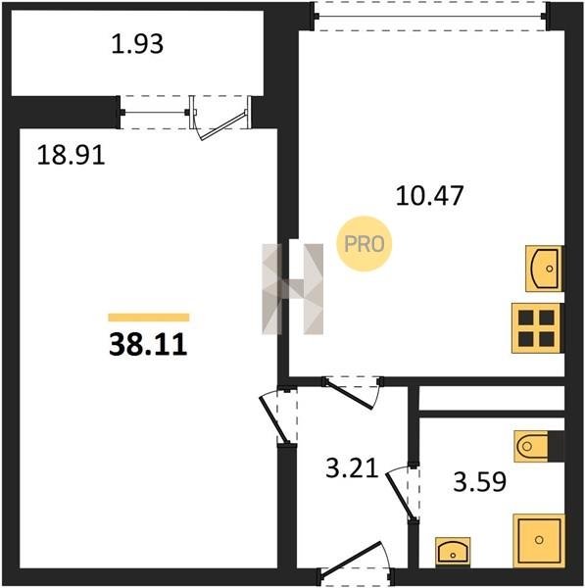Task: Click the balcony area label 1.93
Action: coord(137,44)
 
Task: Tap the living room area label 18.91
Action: coord(71,155)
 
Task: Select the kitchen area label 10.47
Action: coord(430,195)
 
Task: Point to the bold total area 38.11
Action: coord(148,345)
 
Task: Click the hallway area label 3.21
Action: coord(352,468)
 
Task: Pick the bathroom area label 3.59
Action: coord(479,481)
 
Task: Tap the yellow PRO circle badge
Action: coord(365,244)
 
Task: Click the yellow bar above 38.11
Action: coord(149,318)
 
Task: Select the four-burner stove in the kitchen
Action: coord(537,328)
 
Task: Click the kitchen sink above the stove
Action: coord(544,269)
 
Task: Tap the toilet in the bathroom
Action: coord(532,446)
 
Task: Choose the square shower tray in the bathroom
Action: coord(539,540)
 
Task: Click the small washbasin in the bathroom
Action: coord(453,552)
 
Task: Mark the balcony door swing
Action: coord(221,119)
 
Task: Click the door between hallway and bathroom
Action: coord(402,493)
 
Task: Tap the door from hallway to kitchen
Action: coord(353,393)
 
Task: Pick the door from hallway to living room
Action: coord(276,417)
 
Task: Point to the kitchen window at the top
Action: coord(430,16)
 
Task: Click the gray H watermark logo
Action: coord(292,289)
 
